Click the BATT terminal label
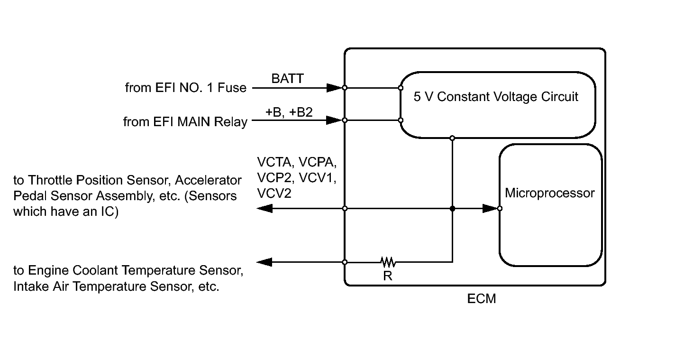[287, 79]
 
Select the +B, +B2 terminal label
[289, 112]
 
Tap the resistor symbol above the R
[388, 262]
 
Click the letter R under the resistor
[388, 276]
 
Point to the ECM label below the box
[482, 299]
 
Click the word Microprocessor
[550, 193]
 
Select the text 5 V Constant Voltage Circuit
[496, 97]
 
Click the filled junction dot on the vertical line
[452, 208]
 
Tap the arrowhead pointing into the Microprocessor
[490, 208]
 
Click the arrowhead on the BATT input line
[335, 88]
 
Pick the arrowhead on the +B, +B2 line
[335, 120]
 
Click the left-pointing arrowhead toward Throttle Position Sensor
[265, 208]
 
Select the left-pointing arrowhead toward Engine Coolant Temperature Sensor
[265, 262]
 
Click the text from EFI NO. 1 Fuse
[186, 88]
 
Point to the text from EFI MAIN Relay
[185, 122]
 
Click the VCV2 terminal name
[274, 194]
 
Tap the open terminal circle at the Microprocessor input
[500, 208]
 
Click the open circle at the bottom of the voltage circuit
[452, 138]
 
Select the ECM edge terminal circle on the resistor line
[345, 262]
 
